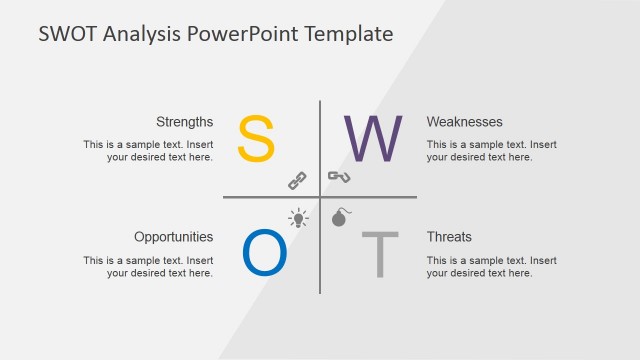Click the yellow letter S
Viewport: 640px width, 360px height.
point(255,138)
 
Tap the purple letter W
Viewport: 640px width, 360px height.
point(373,138)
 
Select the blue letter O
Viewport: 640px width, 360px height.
point(265,254)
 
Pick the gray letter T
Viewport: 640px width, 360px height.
point(379,255)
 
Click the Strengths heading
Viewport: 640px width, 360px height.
point(184,122)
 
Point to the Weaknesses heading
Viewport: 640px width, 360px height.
point(464,122)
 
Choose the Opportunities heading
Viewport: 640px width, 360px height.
point(173,237)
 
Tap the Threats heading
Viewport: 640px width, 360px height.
point(449,237)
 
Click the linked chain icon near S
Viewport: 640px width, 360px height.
point(297,180)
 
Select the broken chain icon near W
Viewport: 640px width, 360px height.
point(339,178)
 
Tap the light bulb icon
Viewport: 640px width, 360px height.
point(298,217)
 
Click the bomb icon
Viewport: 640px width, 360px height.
point(339,217)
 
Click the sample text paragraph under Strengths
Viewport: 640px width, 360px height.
point(148,150)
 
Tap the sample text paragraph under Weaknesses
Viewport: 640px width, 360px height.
point(491,150)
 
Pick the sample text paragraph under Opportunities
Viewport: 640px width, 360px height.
point(148,266)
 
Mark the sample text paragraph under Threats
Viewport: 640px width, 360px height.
point(491,266)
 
